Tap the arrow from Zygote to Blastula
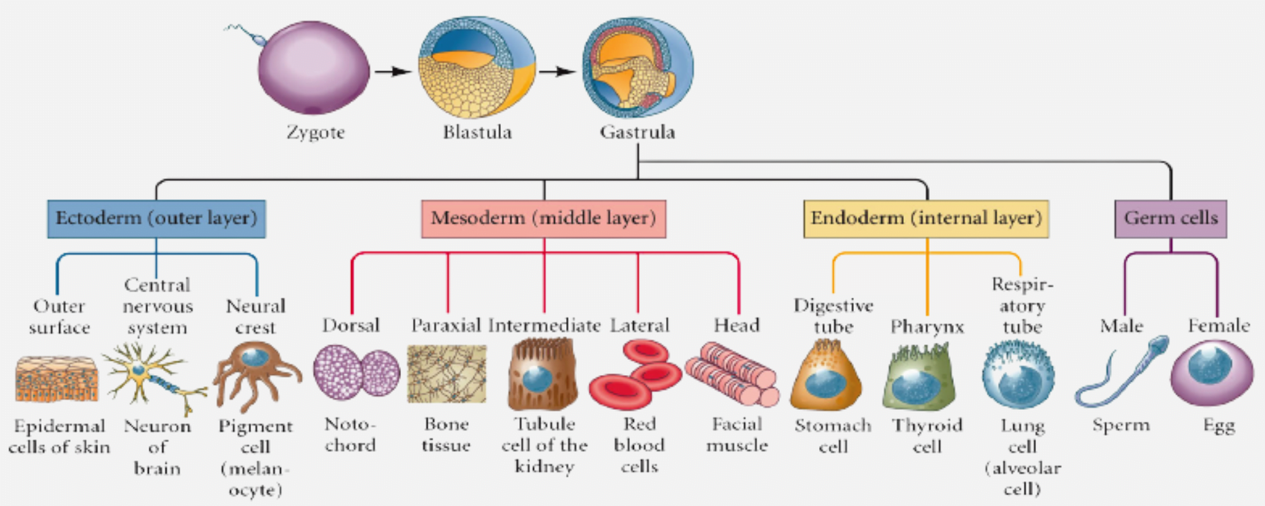coord(393,71)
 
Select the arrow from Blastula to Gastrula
coord(557,71)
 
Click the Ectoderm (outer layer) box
coord(156,219)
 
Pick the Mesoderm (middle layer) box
coord(543,219)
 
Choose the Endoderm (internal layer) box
coord(926,219)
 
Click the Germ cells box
coord(1170,219)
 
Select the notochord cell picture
coord(356,372)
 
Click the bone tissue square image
coord(447,374)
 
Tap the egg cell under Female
coord(1211,372)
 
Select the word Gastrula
coord(638,132)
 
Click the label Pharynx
coord(927,327)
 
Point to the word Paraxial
coord(446,325)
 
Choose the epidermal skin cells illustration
coord(57,378)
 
